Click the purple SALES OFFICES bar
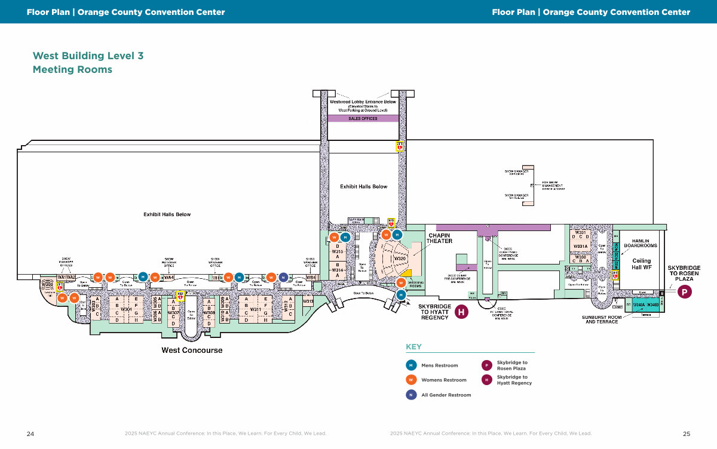point(363,118)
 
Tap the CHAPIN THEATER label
point(439,238)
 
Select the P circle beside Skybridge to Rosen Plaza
point(685,292)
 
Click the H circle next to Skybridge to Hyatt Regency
point(461,311)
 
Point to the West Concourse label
point(192,350)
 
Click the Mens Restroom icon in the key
point(411,365)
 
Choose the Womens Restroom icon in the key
point(411,380)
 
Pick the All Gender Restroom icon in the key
point(411,395)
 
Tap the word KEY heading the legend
point(413,347)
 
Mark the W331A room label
point(581,246)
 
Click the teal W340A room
point(639,305)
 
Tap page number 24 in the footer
point(30,433)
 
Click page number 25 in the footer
point(687,433)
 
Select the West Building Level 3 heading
point(88,56)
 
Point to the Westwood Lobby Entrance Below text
point(363,102)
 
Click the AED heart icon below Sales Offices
point(400,145)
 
